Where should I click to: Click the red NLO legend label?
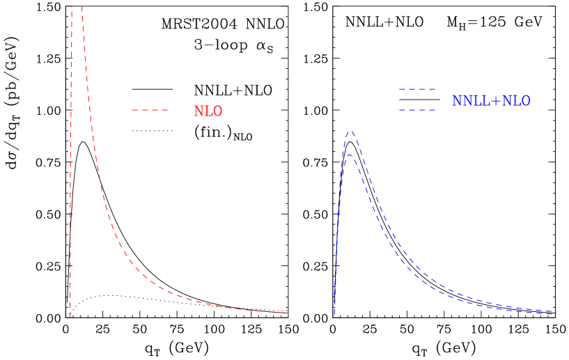click(208, 111)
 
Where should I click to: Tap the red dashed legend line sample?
click(150, 110)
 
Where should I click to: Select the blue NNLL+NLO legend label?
click(491, 101)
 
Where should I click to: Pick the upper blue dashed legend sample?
click(417, 90)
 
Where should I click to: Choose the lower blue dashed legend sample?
click(417, 110)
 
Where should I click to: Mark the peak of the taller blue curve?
click(350, 131)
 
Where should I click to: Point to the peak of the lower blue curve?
click(350, 155)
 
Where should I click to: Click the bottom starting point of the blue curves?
click(334, 314)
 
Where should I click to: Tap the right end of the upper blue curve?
click(553, 311)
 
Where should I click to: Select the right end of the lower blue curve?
click(553, 314)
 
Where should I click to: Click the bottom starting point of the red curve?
click(70, 318)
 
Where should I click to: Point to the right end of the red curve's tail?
click(288, 313)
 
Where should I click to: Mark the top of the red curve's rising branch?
click(72, 7)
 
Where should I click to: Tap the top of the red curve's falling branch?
click(81, 7)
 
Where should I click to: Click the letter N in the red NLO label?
click(198, 111)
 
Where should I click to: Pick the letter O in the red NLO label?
click(217, 111)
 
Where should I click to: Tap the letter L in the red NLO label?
click(208, 111)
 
